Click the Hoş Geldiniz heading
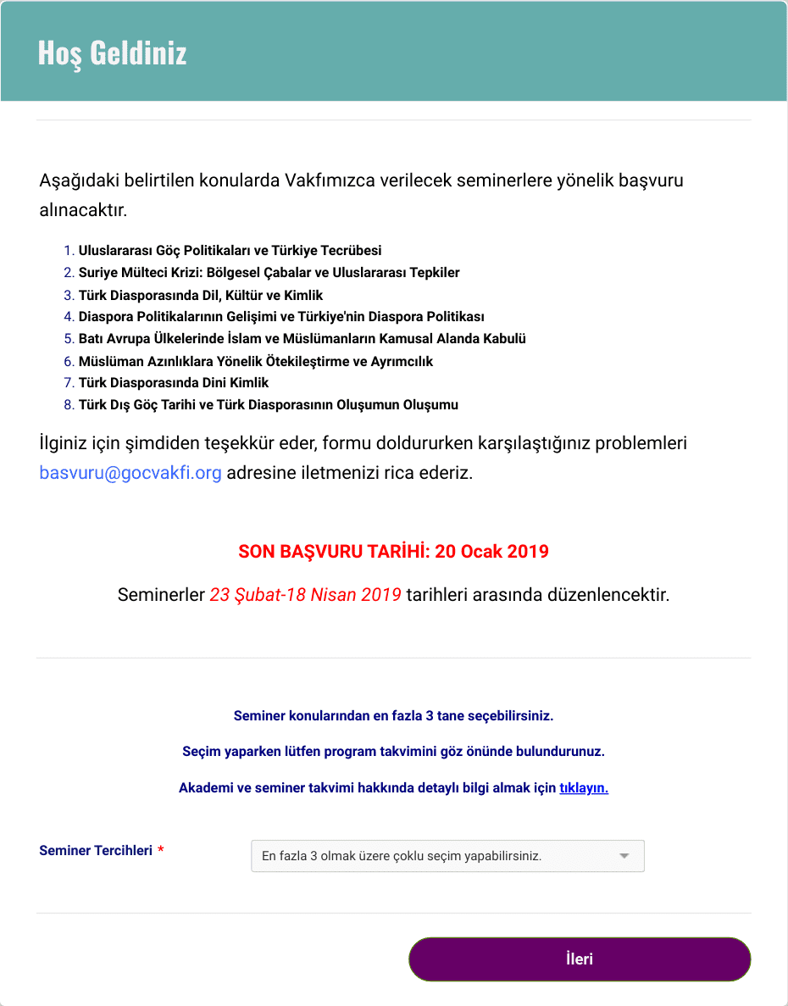tap(112, 53)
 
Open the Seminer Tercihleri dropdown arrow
tap(624, 856)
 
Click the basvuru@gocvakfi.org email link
tap(130, 473)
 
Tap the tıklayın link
tap(584, 787)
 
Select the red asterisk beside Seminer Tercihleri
tap(161, 850)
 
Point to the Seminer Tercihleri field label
tap(96, 850)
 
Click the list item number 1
tap(69, 251)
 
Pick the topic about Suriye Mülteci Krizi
tap(269, 273)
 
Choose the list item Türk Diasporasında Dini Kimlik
tap(174, 383)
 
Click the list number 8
tap(69, 405)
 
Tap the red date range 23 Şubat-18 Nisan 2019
tap(305, 595)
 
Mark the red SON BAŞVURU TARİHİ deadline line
tap(393, 552)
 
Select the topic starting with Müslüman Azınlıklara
tap(255, 361)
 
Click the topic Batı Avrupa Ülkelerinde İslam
tap(302, 339)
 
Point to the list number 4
tap(69, 317)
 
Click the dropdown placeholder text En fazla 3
tap(401, 856)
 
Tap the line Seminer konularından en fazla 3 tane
tap(393, 715)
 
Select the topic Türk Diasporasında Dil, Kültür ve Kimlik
tap(201, 295)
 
